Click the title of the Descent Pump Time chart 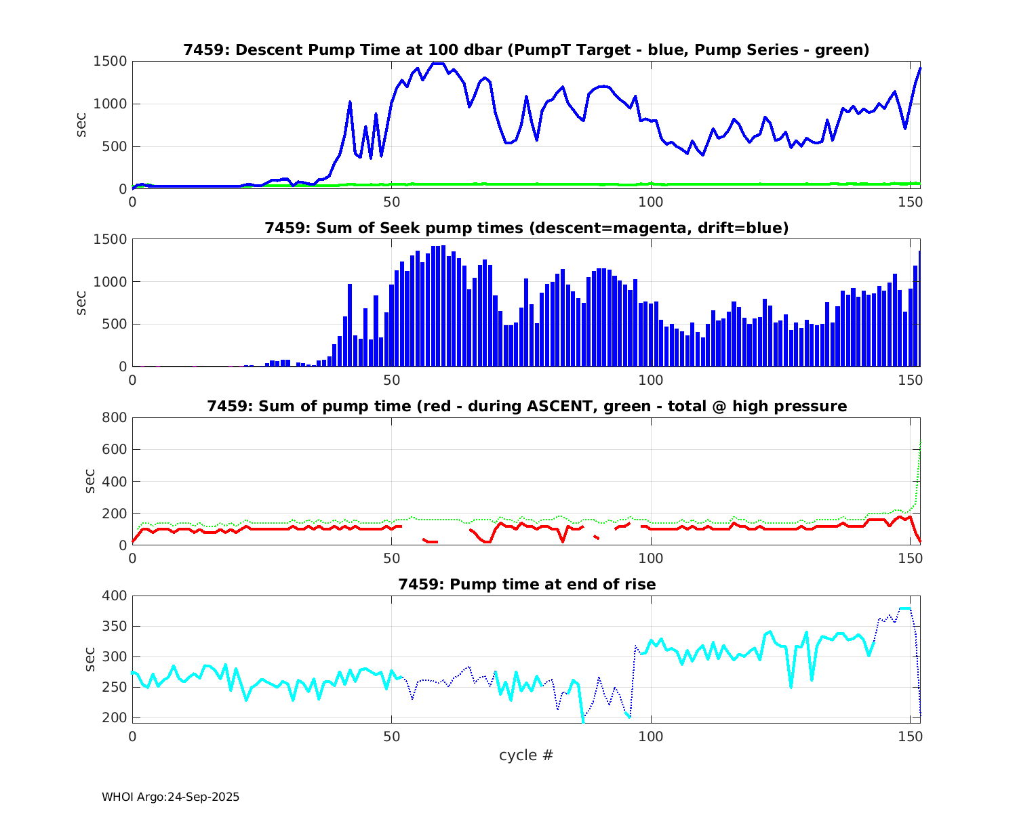[526, 50]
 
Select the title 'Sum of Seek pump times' [526, 228]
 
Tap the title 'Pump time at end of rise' [526, 584]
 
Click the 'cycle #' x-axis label [526, 755]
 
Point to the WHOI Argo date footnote [170, 797]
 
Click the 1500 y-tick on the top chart [110, 62]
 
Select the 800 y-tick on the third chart [114, 417]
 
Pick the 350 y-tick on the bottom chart [114, 626]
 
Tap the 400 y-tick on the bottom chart [114, 596]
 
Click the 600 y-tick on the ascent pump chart [114, 449]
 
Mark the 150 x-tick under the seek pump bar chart [910, 380]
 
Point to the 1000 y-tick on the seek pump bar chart [110, 282]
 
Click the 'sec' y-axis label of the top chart [81, 125]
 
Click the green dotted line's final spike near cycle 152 [920, 444]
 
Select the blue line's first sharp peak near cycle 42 [350, 102]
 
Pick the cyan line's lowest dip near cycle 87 [583, 721]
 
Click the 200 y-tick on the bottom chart [114, 717]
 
